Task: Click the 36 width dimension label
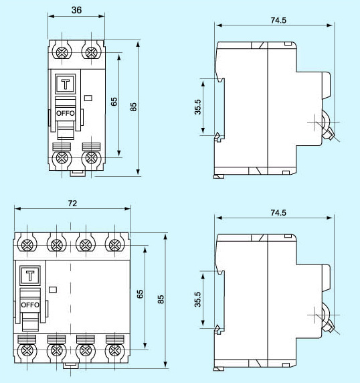coord(76,11)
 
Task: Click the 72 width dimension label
coord(72,202)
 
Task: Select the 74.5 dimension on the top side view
coord(276,20)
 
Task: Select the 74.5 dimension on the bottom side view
coord(276,213)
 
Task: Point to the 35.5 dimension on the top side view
coord(198,107)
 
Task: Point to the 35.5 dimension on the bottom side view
coord(198,300)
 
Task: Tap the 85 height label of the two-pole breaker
coord(134,106)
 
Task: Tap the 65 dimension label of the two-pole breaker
coord(114,101)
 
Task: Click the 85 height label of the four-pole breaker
coord(160,299)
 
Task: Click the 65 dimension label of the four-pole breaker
coord(140,294)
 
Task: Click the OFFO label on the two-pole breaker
coord(66,113)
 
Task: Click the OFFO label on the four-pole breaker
coord(30,305)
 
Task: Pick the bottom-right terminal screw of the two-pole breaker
coord(91,158)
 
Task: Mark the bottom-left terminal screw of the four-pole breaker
coord(27,350)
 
